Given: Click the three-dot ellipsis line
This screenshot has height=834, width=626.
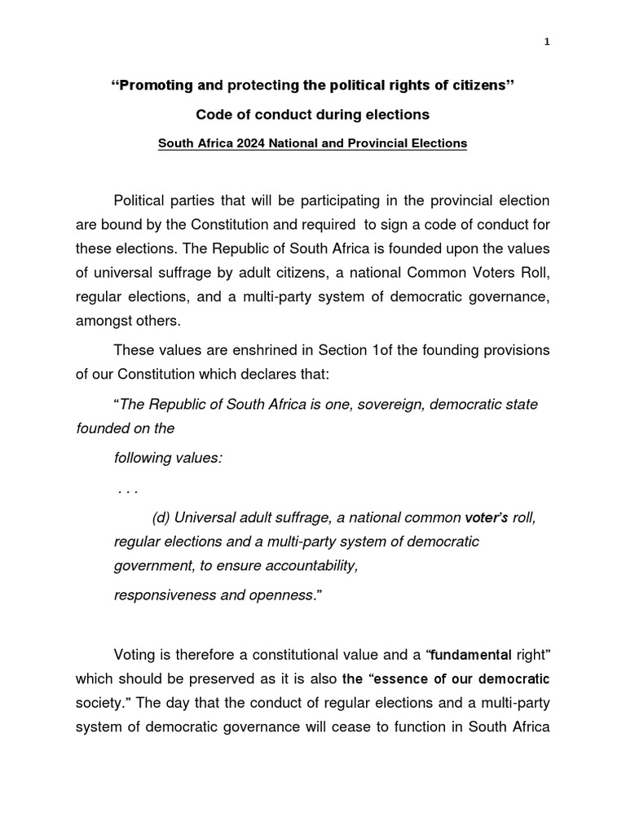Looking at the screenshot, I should click(x=127, y=489).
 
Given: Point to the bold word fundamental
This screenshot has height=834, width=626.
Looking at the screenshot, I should click(x=471, y=655).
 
